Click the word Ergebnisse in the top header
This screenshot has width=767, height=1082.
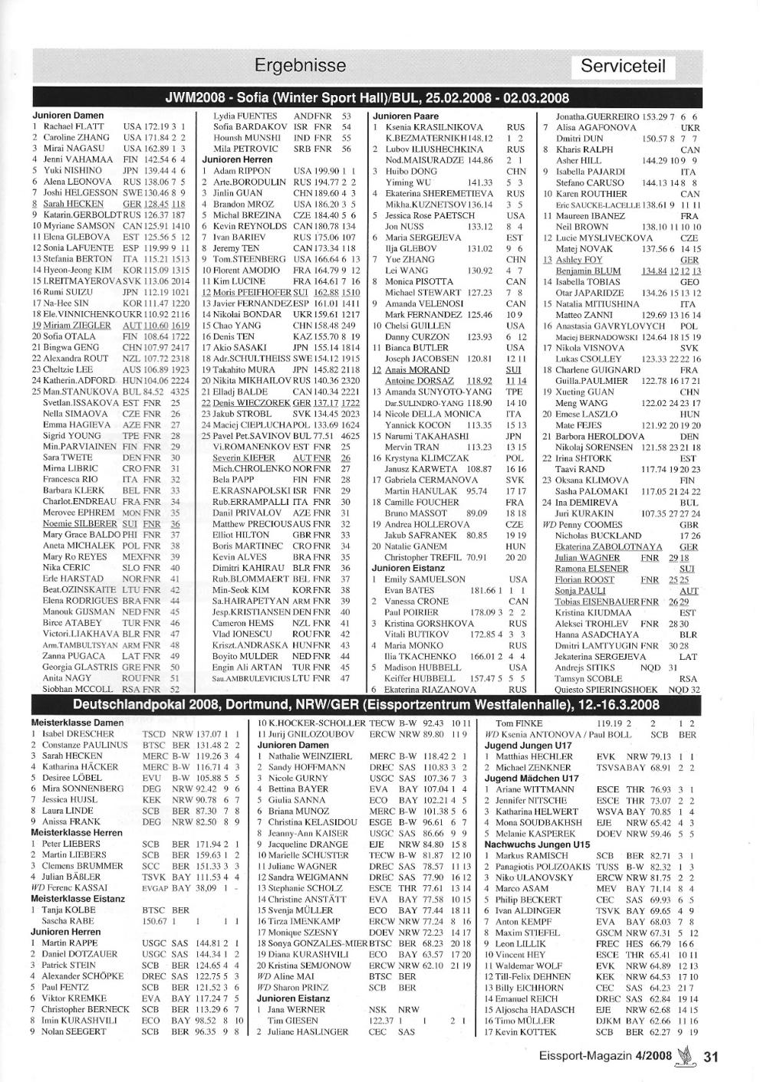pos(300,66)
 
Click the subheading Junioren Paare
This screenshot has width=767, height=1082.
pos(406,116)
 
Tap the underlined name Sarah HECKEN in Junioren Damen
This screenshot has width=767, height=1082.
pos(73,204)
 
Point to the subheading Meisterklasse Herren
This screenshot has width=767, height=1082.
pos(76,832)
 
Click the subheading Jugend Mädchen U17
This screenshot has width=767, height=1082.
pos(532,779)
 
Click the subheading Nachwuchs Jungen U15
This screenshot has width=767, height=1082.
pos(536,844)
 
